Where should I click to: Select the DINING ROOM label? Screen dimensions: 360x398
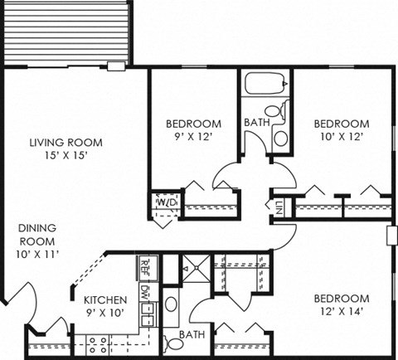(x=38, y=233)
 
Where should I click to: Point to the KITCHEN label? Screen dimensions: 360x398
(x=104, y=300)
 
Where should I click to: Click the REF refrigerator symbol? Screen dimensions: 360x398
(x=144, y=267)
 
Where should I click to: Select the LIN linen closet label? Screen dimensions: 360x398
(x=279, y=207)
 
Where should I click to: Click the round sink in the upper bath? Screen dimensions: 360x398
(x=280, y=138)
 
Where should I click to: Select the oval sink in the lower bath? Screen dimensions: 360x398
(x=171, y=304)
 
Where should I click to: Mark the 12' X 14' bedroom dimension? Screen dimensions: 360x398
(x=340, y=313)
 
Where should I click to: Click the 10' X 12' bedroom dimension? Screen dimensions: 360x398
(x=340, y=137)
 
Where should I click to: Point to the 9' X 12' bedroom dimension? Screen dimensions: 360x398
(x=194, y=138)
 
